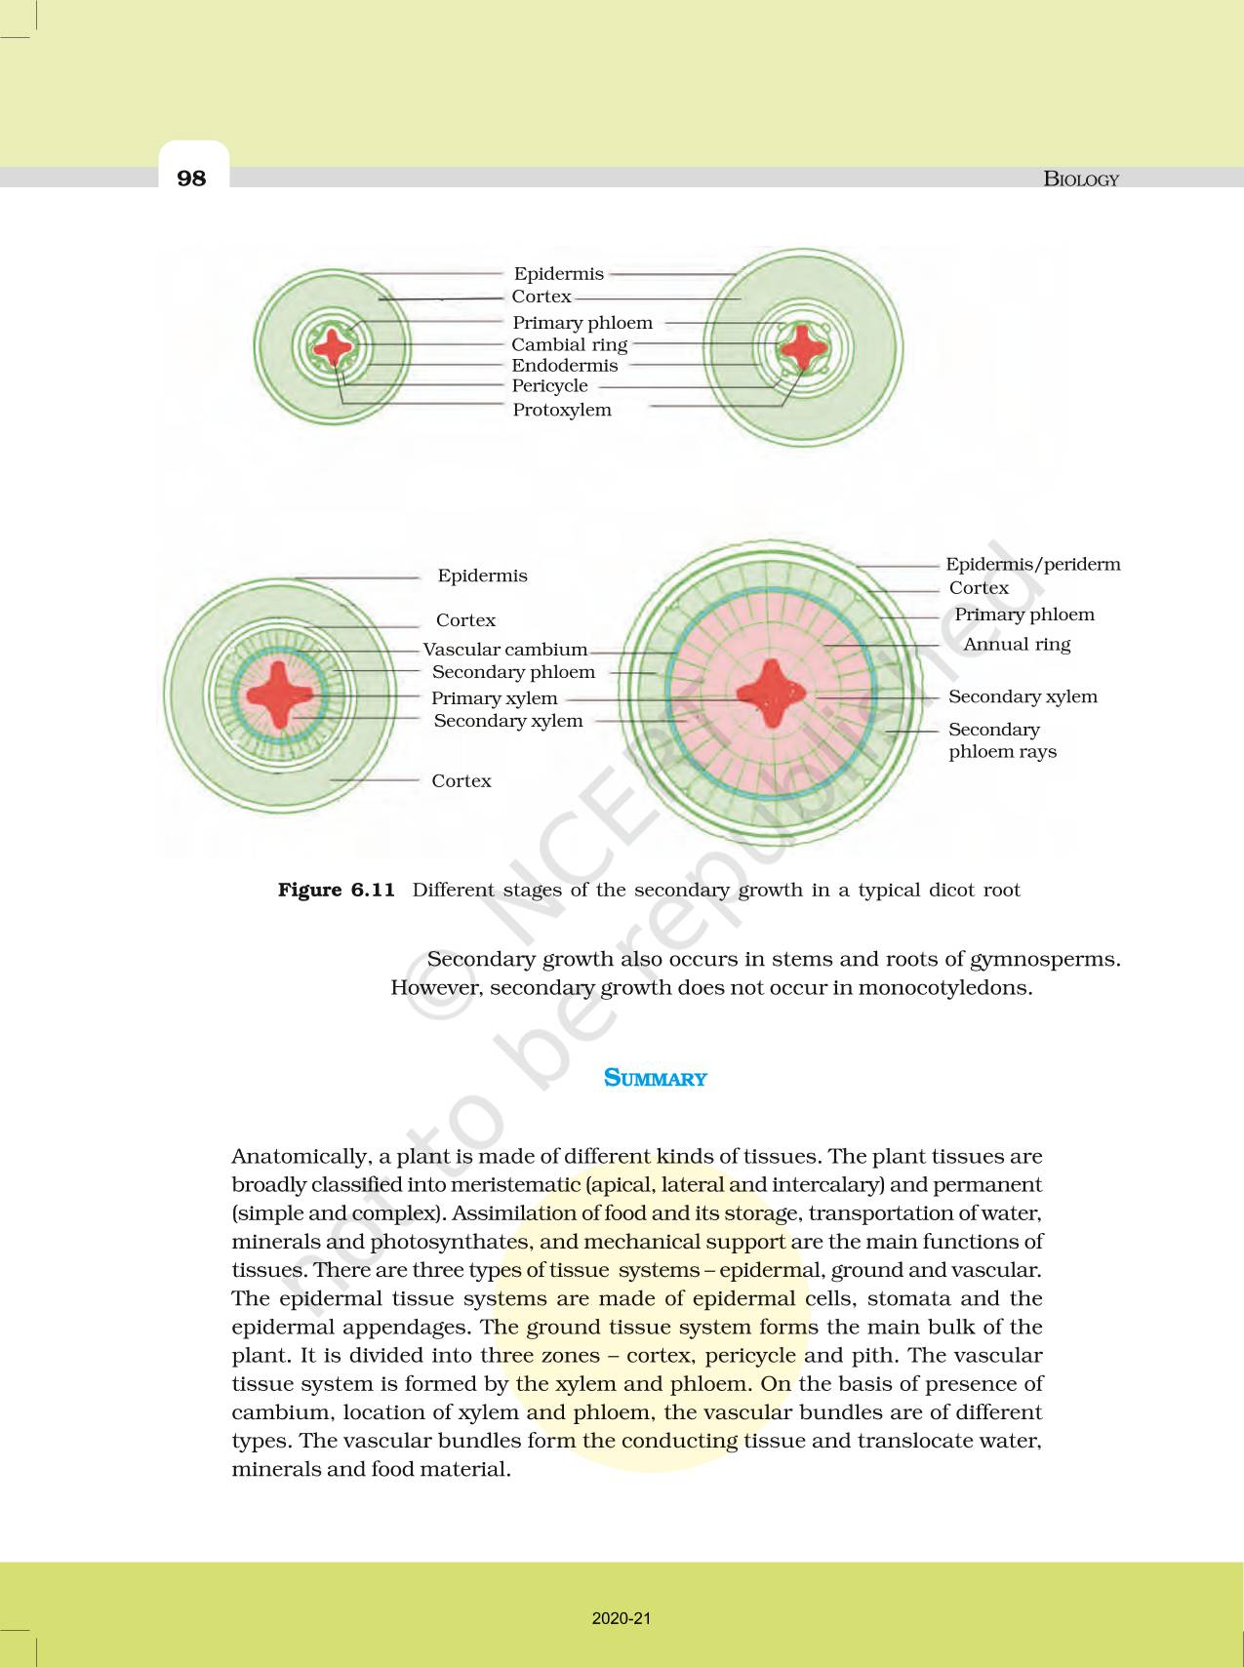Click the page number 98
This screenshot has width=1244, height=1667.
click(192, 178)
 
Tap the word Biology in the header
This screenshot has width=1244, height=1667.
click(1080, 179)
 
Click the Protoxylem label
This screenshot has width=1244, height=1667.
click(562, 410)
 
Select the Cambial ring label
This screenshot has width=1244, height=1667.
click(569, 344)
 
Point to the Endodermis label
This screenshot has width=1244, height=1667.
click(565, 366)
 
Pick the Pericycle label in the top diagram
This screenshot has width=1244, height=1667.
click(549, 386)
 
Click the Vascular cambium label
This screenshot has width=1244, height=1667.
click(504, 650)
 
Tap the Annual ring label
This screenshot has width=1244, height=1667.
click(1017, 644)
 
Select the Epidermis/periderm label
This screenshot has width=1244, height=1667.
click(1032, 564)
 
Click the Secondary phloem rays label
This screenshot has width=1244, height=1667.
click(1002, 740)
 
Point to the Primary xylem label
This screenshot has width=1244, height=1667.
click(494, 698)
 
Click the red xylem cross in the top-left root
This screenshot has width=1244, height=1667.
click(333, 346)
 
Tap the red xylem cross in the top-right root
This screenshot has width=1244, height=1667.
click(803, 346)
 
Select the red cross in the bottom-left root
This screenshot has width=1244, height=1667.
click(280, 695)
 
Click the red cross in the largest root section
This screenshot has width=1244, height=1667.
click(771, 695)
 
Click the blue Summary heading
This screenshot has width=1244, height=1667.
click(655, 1078)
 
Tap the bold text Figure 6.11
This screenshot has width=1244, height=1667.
click(336, 890)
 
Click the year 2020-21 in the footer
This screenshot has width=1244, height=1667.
click(622, 1618)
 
